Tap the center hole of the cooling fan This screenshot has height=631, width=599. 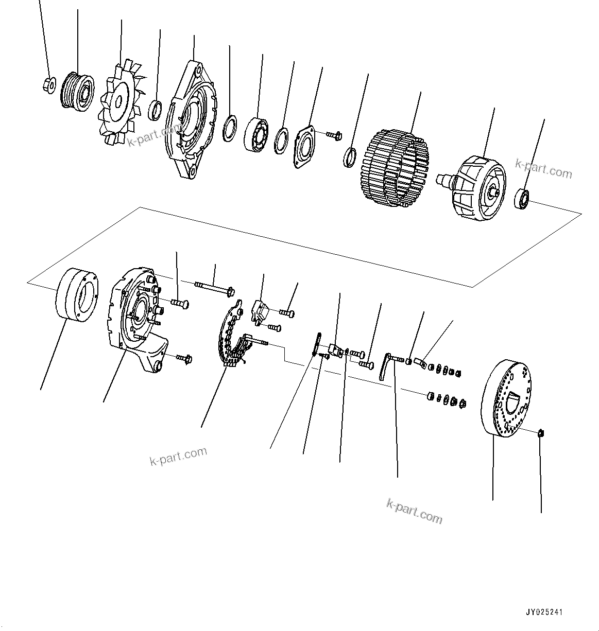118,102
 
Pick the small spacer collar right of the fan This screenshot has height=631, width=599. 156,110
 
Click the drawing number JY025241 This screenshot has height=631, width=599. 544,612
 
